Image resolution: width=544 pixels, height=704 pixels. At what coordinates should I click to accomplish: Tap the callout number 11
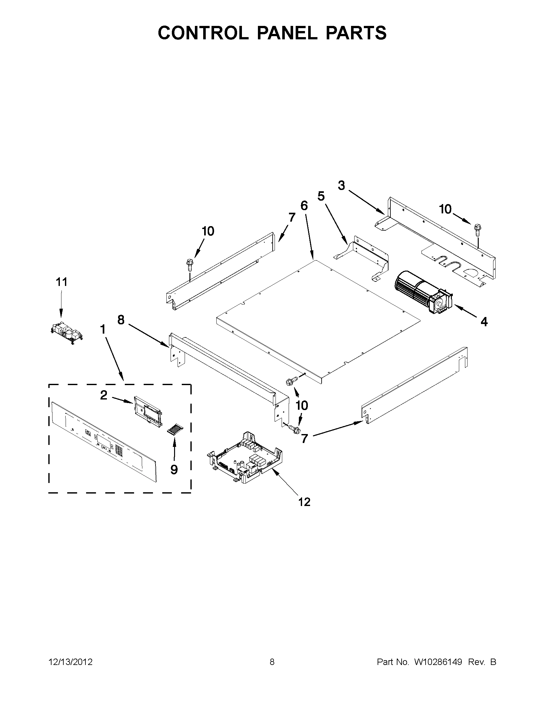click(x=61, y=282)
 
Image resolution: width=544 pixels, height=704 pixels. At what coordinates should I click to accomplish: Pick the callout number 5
click(x=321, y=196)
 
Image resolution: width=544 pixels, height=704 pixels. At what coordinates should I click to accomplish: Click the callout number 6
click(x=304, y=206)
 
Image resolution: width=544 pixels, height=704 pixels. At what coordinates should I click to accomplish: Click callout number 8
click(x=121, y=320)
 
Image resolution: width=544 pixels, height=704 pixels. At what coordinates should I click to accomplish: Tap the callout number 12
click(x=304, y=502)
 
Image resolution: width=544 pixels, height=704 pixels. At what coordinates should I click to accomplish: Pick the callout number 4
click(x=484, y=322)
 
